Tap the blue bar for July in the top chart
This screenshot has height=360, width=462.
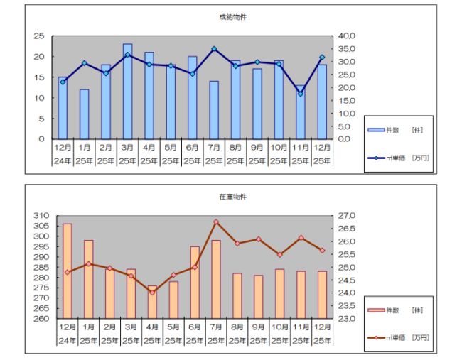pos(213,109)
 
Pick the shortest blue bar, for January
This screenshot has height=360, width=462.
pos(84,114)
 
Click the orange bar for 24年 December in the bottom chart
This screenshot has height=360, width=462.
pos(67,271)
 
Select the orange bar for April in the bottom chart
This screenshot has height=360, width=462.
pos(152,302)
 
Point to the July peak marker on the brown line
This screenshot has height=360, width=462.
pos(216,222)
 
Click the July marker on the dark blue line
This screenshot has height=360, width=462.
pos(213,49)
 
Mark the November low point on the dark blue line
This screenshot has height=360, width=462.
pos(301,94)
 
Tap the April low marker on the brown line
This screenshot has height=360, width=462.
pos(152,293)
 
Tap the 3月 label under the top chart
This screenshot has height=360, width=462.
pos(127,148)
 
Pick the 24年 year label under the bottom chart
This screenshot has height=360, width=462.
pos(67,339)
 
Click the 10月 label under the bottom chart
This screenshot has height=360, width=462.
pos(280,327)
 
